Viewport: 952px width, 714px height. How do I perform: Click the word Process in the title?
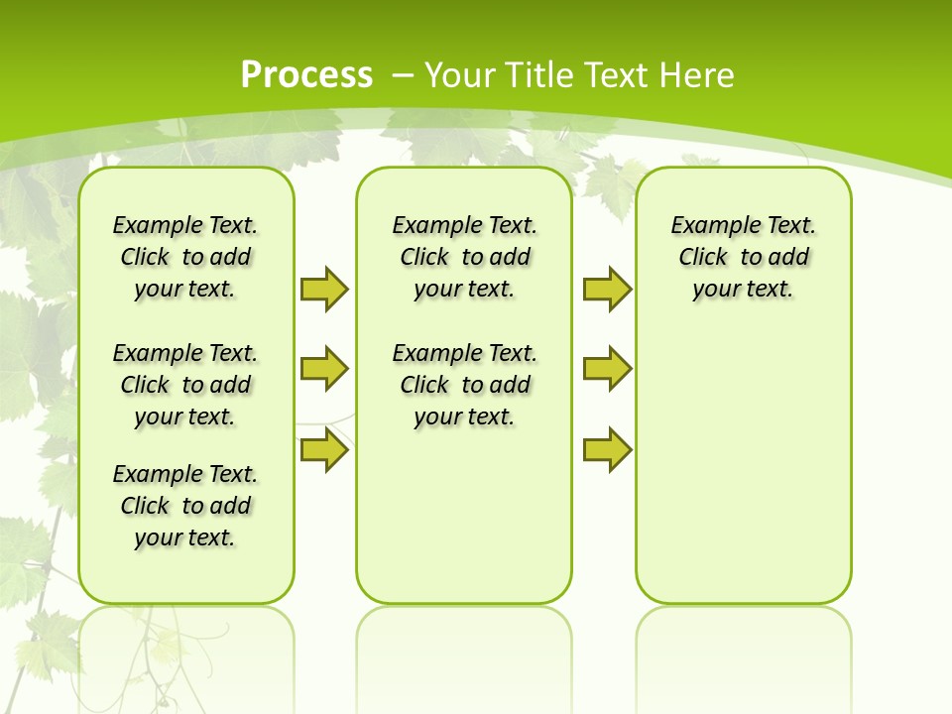[306, 74]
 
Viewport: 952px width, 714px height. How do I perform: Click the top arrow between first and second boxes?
[323, 289]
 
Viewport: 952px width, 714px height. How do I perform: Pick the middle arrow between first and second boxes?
[323, 369]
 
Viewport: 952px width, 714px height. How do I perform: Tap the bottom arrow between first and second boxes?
[323, 450]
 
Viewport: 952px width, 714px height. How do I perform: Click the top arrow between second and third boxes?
[607, 289]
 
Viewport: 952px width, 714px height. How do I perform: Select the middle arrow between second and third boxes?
[607, 369]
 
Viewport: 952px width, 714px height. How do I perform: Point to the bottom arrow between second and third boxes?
[607, 450]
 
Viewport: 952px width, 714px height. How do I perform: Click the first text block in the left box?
[185, 257]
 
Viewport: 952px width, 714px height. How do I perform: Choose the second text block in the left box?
[185, 385]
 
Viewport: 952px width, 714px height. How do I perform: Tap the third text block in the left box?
[185, 506]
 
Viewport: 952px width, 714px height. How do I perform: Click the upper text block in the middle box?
[464, 257]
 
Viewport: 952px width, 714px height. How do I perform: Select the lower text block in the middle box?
[464, 385]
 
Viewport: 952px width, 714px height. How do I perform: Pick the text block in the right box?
[743, 257]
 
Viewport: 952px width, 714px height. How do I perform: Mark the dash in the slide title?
[403, 74]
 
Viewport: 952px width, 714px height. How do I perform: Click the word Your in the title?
[459, 74]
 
